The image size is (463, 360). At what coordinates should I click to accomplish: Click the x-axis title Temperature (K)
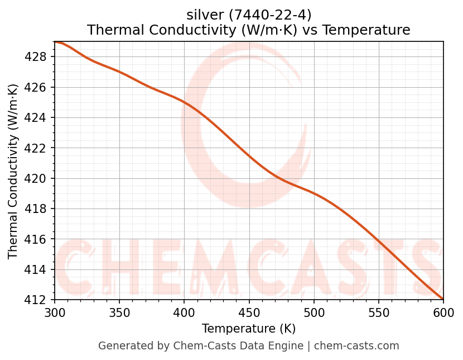pos(249,329)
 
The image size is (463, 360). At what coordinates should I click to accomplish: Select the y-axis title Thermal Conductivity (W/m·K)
pos(13,171)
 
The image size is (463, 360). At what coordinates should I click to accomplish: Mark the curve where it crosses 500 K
pos(314,193)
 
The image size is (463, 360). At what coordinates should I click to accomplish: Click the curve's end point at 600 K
pos(443,299)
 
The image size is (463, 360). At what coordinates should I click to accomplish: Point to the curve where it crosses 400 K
pos(184,101)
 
